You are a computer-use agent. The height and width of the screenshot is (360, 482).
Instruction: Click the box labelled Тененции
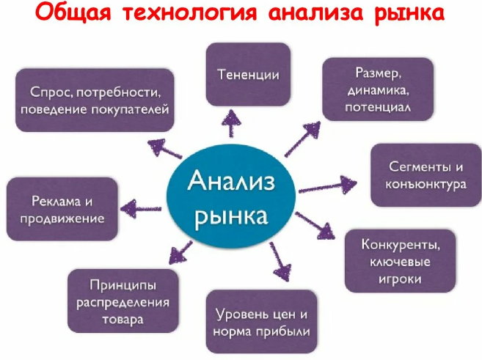249,74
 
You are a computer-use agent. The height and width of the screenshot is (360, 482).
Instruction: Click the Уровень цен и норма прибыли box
263,323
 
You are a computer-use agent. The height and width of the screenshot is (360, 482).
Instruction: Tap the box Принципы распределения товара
123,301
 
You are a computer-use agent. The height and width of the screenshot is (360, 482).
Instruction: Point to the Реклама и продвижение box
62,209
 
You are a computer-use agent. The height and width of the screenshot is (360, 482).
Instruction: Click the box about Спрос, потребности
96,100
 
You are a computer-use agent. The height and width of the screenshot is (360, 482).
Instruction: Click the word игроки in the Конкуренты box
401,279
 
